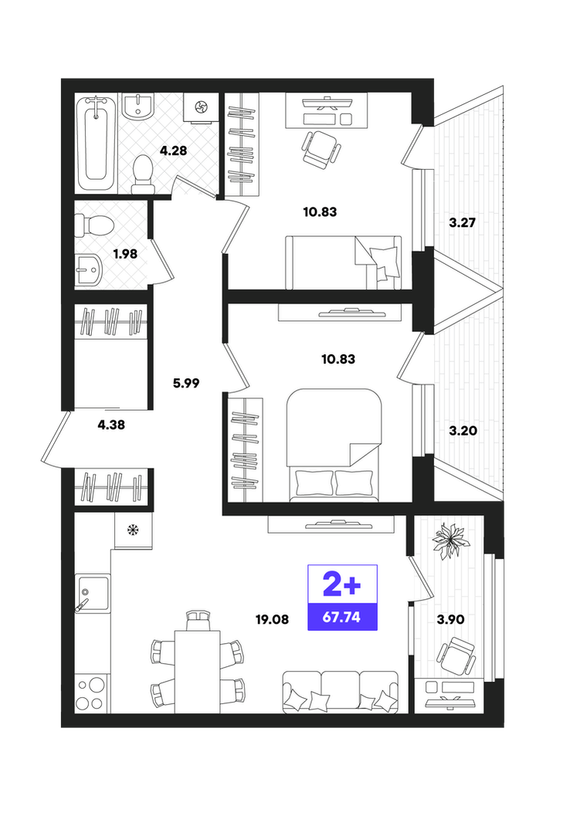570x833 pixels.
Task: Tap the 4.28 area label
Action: tap(173, 151)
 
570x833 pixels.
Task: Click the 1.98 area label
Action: tap(125, 254)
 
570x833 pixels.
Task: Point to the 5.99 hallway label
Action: tap(186, 382)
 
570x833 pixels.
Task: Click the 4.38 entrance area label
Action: tap(111, 425)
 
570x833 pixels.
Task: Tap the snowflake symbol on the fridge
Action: tap(133, 530)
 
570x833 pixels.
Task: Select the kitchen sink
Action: tap(93, 593)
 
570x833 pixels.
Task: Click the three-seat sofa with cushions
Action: tap(341, 691)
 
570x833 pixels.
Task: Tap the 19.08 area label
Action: tap(272, 619)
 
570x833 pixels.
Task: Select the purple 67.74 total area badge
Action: tap(342, 598)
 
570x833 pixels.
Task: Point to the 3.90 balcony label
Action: tap(450, 619)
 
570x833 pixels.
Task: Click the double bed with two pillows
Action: tap(334, 445)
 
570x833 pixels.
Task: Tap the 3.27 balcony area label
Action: tap(462, 222)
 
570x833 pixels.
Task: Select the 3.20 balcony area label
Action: tap(463, 431)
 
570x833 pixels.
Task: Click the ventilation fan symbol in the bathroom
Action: tap(202, 107)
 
